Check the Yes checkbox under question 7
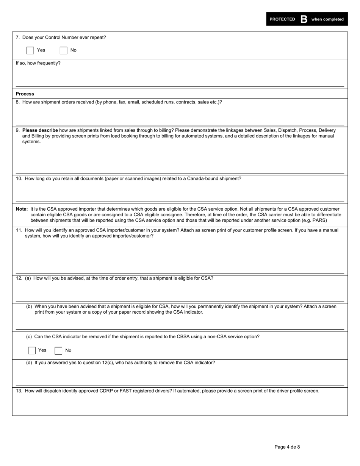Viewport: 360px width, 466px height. [30, 50]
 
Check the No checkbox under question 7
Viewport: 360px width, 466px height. [64, 50]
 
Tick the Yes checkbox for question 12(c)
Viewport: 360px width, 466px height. [32, 350]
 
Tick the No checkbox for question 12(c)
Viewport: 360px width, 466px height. [58, 350]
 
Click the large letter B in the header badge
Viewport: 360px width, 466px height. [304, 19]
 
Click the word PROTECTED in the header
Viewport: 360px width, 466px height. [282, 19]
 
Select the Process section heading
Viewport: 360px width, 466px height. [25, 94]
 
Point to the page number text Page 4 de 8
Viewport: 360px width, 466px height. [287, 447]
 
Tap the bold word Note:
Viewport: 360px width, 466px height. [22, 209]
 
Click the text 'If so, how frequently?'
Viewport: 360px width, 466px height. [38, 63]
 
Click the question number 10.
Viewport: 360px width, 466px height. [19, 179]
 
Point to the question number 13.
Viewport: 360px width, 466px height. [19, 391]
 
